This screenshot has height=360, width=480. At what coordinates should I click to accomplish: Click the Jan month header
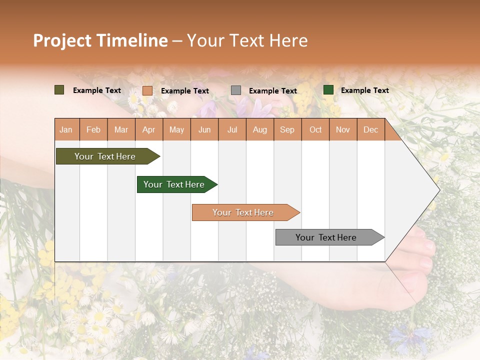[66, 130]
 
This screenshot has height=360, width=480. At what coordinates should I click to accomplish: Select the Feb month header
[93, 130]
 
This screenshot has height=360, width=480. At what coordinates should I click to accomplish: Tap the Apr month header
[148, 130]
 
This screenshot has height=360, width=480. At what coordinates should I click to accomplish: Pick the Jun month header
[204, 130]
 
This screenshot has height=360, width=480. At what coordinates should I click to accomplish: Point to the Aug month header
[259, 130]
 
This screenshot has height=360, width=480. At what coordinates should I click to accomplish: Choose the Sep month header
[287, 130]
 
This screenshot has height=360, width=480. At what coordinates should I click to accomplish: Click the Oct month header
[315, 130]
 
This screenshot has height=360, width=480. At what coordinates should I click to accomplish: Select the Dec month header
[370, 130]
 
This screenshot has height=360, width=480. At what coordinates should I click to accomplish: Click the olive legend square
[59, 90]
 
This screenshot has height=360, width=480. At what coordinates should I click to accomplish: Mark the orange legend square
[147, 90]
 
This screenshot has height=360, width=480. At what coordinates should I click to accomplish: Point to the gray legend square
[236, 90]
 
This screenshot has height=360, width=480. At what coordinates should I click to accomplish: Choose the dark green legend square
[328, 90]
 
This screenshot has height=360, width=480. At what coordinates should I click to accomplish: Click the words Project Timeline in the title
[100, 40]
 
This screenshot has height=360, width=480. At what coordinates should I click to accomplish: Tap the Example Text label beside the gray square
[272, 90]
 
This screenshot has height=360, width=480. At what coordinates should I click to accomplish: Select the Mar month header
[121, 130]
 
